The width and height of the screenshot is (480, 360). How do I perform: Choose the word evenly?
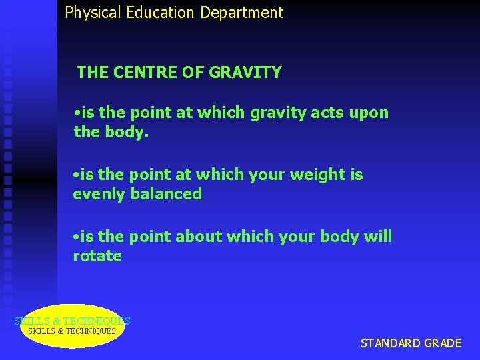tap(99, 195)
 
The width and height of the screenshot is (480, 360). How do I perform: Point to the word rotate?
tap(97, 256)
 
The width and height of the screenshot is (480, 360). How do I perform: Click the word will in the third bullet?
tap(379, 237)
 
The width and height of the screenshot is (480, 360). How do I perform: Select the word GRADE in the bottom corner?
tap(443, 343)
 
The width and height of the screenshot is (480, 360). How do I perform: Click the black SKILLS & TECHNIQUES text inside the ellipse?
tap(72, 331)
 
